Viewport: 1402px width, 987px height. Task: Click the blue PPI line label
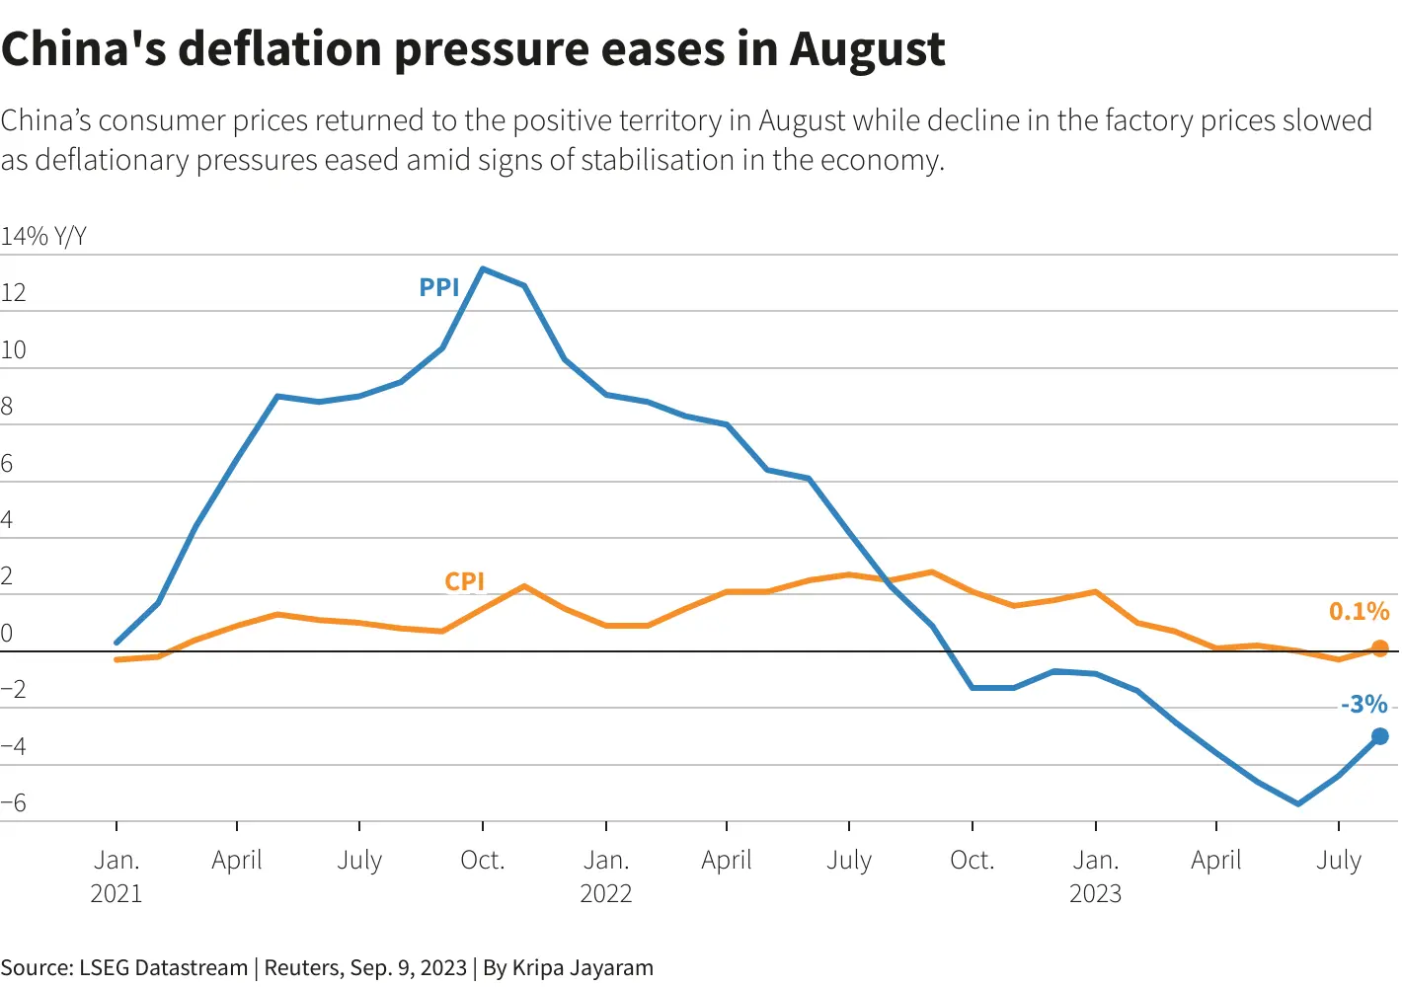(x=439, y=287)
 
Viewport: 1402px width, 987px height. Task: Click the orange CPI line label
(x=464, y=581)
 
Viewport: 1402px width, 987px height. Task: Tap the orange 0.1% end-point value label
(x=1359, y=612)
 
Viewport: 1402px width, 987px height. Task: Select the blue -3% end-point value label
(x=1363, y=705)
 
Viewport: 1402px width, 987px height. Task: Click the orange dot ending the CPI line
(x=1379, y=648)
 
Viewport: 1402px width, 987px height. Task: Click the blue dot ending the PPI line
(x=1379, y=736)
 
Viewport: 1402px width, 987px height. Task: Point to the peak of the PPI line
(x=482, y=268)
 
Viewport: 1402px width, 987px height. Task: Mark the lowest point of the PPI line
(x=1297, y=803)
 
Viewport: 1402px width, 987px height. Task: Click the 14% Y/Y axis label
(x=43, y=237)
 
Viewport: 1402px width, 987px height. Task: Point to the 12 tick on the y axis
(x=13, y=293)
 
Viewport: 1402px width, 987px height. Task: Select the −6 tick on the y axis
(x=13, y=803)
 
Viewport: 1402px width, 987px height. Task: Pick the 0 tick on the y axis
(x=7, y=634)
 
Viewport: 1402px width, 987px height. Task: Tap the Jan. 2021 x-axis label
(x=117, y=876)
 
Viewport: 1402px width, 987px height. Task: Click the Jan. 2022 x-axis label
(x=605, y=876)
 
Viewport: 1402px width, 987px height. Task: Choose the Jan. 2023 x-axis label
(x=1095, y=876)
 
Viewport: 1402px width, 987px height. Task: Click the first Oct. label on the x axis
(x=482, y=861)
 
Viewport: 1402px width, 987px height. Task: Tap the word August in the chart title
(x=867, y=49)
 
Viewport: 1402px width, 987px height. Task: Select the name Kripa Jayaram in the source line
(x=583, y=968)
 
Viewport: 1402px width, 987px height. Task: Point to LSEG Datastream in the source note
(x=163, y=968)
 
